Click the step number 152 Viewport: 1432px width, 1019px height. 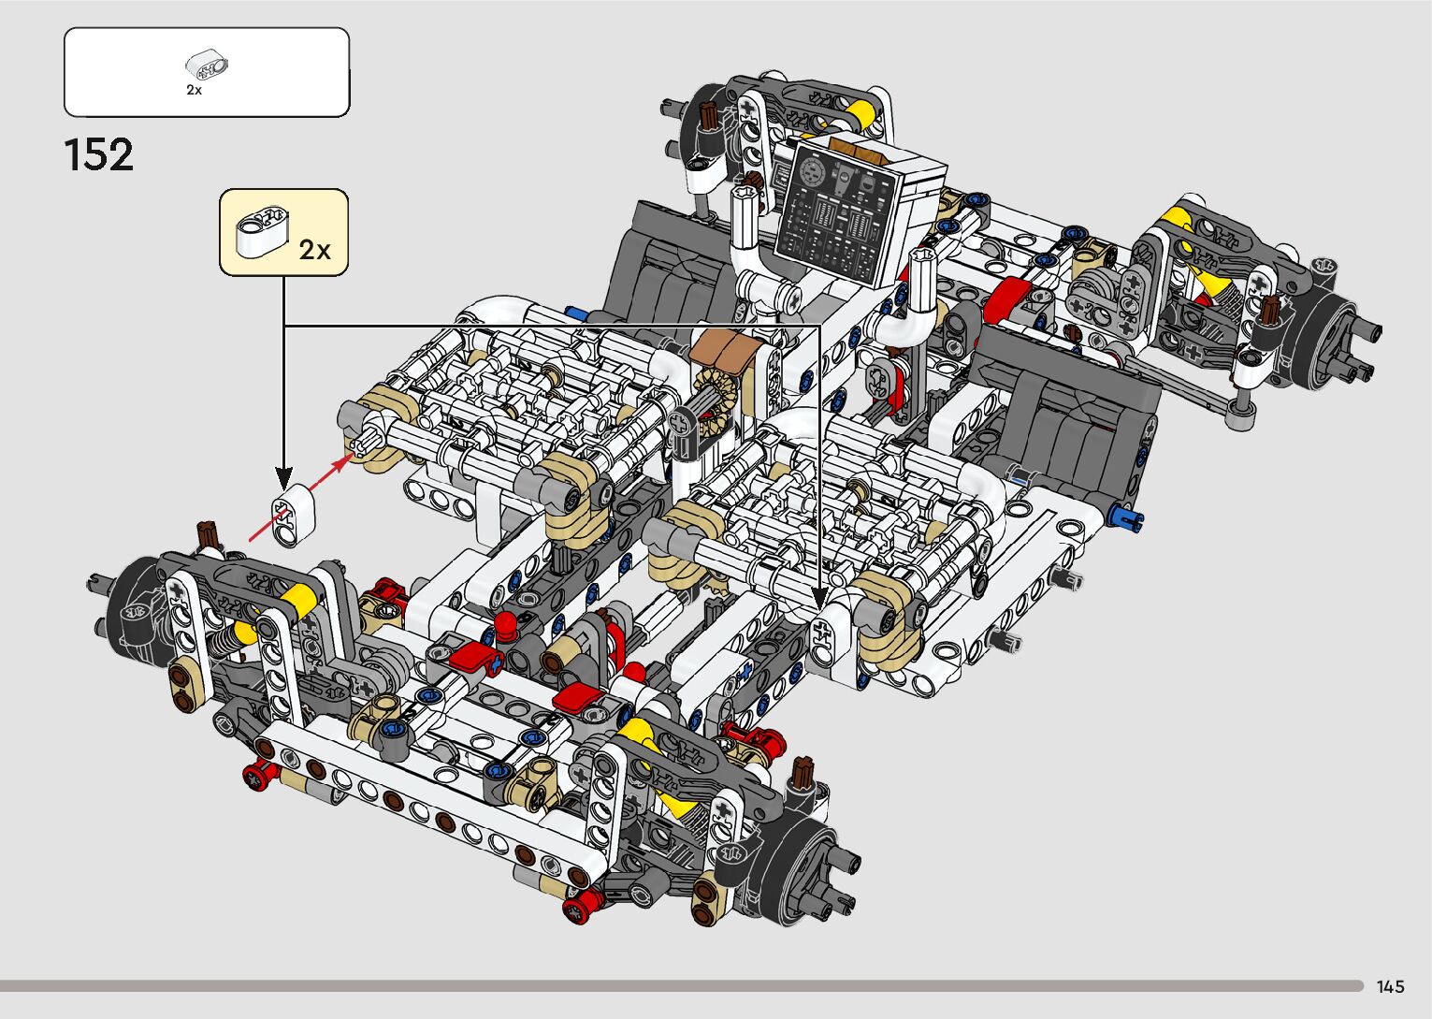[x=99, y=154]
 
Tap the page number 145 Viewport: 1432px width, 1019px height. [x=1391, y=986]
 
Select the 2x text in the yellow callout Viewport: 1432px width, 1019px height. [x=314, y=250]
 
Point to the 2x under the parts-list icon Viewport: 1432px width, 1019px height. [x=195, y=90]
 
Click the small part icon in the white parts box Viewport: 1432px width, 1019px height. [x=207, y=65]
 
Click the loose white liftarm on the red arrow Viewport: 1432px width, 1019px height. [x=294, y=515]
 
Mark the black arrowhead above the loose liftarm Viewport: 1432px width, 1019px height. [x=283, y=477]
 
